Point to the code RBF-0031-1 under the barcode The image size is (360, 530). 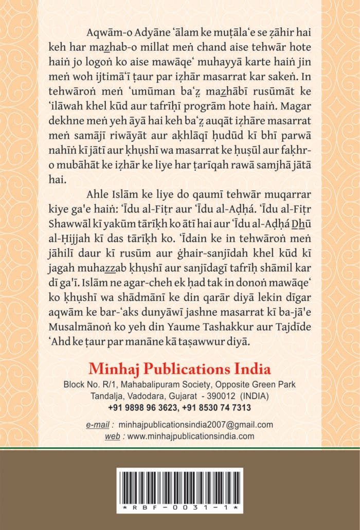coord(180,507)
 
